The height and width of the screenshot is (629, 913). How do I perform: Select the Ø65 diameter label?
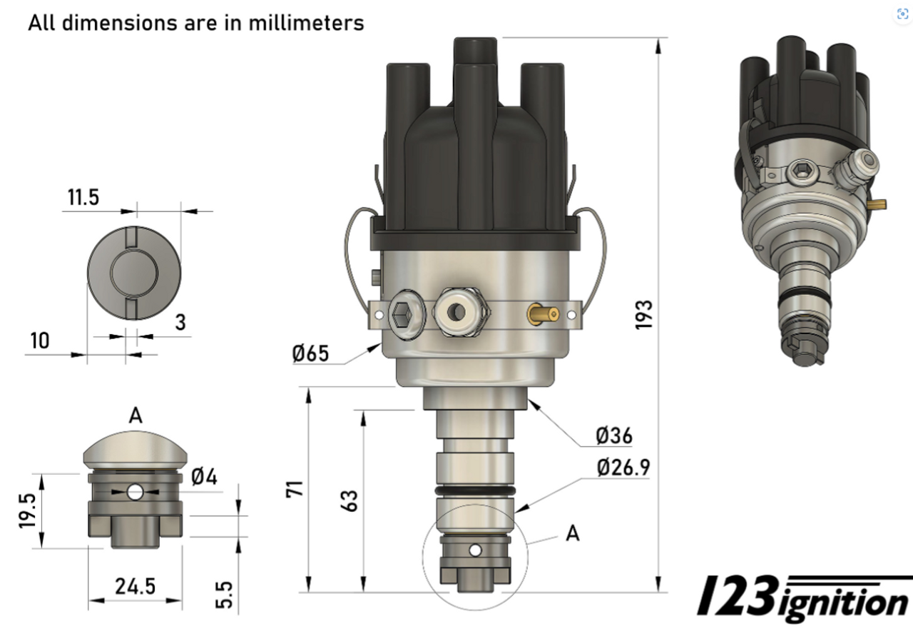(x=310, y=353)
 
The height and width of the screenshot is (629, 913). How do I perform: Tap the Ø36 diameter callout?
(x=614, y=435)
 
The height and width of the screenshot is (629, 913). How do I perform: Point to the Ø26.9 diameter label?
(x=623, y=468)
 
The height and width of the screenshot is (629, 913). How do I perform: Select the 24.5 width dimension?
(x=135, y=586)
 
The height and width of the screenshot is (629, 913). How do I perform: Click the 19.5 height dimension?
(x=26, y=510)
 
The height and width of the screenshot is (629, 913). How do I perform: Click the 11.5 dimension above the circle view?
(x=83, y=198)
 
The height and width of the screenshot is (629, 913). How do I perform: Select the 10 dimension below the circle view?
(x=40, y=341)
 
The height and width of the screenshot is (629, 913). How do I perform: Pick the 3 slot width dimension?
(x=180, y=323)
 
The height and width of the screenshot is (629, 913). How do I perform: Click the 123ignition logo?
(x=802, y=598)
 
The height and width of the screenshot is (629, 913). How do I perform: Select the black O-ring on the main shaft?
(x=474, y=493)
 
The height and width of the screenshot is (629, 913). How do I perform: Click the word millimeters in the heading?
(x=306, y=22)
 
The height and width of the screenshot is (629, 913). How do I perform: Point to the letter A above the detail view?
(x=136, y=416)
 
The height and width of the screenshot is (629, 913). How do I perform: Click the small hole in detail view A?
(x=134, y=492)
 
